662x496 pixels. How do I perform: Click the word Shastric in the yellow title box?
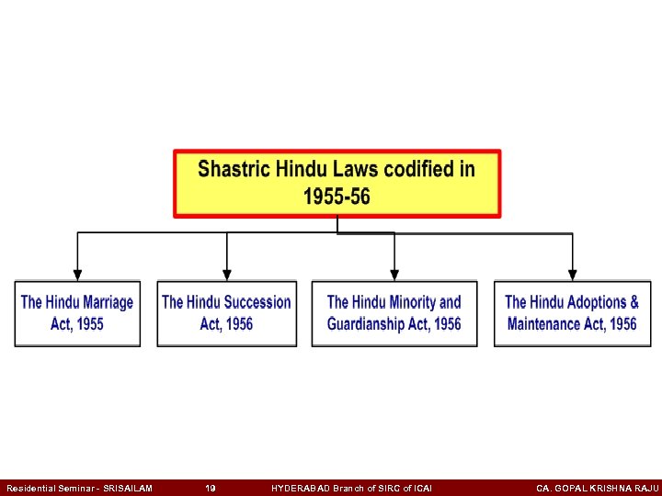click(x=234, y=170)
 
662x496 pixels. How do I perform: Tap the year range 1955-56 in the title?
click(x=337, y=197)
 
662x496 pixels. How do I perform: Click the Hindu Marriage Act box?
click(x=77, y=313)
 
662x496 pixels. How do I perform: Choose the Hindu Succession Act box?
click(x=226, y=313)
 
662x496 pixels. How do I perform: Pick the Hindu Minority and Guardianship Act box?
click(x=394, y=313)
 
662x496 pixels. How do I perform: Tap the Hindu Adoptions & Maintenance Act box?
click(x=572, y=313)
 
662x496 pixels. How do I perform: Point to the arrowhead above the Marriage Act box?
click(x=77, y=274)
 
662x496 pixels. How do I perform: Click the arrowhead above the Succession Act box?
click(x=227, y=274)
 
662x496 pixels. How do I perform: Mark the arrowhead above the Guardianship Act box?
click(x=394, y=274)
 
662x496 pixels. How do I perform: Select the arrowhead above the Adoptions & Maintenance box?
click(x=572, y=274)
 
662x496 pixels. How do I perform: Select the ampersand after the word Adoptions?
click(x=633, y=302)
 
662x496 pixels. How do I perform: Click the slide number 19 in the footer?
click(x=211, y=488)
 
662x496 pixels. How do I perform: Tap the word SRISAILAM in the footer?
click(x=128, y=488)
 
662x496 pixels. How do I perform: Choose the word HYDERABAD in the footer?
click(x=305, y=488)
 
